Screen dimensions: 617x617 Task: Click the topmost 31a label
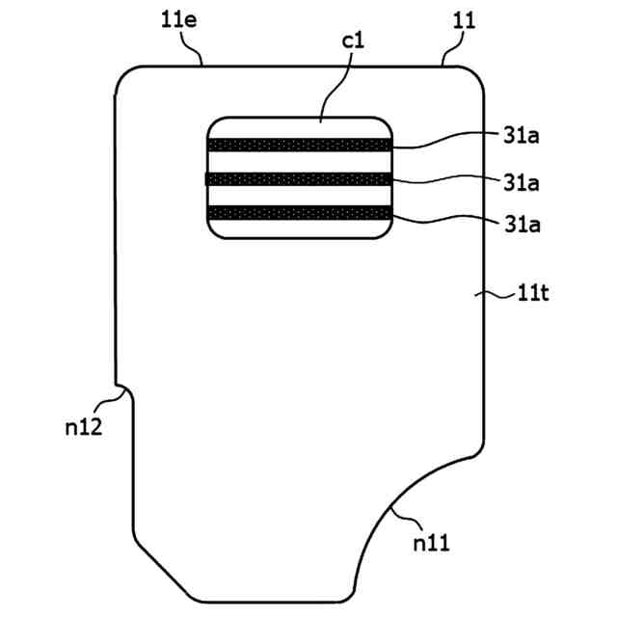coord(520,136)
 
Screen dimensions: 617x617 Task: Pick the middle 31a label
coord(520,181)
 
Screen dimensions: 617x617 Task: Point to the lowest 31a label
coord(520,225)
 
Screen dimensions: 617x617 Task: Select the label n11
coord(431,544)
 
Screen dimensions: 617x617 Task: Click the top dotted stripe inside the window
coord(300,145)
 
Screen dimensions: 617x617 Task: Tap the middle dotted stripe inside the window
coord(300,178)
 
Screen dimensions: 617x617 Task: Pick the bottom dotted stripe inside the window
coord(300,212)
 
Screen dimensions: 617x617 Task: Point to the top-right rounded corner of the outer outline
coord(473,73)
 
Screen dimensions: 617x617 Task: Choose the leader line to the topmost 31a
coord(443,143)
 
